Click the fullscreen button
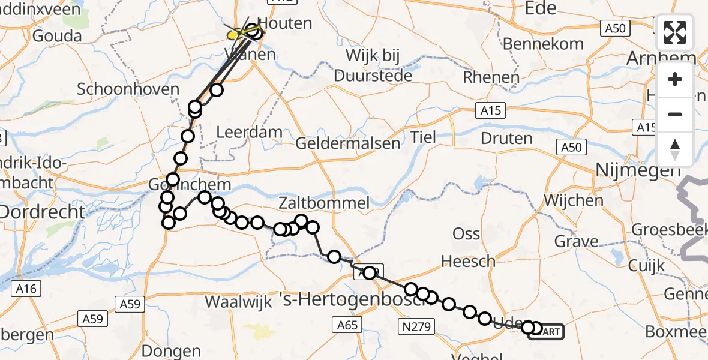tap(675, 32)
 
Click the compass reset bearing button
tap(675, 149)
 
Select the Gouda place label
tap(57, 36)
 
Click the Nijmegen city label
tap(637, 171)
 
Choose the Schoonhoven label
tap(128, 89)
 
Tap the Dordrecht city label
tap(42, 212)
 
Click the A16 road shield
tap(27, 289)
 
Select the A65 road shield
tap(347, 325)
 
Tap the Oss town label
tap(466, 234)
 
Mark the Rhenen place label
tap(491, 77)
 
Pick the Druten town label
tap(506, 138)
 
